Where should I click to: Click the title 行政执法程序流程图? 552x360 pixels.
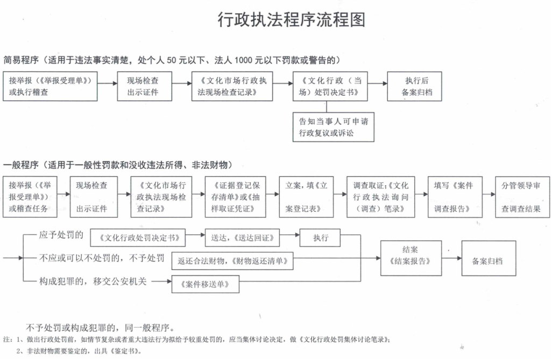pos(292,20)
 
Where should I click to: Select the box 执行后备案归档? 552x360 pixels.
pos(414,86)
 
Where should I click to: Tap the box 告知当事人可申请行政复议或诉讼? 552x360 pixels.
pos(334,127)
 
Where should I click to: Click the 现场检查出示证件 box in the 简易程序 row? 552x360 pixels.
pos(144,86)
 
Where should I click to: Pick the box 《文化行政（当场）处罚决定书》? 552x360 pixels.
pos(330,86)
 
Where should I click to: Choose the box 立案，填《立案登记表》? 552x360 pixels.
pos(306,197)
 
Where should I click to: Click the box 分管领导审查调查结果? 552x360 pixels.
pos(522,197)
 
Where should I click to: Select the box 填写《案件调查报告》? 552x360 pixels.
pos(455,197)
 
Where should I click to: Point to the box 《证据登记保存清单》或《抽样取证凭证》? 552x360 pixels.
pos(236,197)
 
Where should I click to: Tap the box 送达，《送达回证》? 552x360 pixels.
pos(243,238)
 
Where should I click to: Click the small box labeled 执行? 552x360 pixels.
pos(320,238)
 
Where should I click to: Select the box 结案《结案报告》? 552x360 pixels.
pos(411,258)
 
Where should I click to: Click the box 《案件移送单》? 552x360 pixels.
pos(205,284)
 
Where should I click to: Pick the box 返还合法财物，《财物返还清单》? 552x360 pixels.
pos(232,261)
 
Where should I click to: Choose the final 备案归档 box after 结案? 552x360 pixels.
pos(489,258)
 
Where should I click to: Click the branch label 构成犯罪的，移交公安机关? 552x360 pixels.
pos(93,281)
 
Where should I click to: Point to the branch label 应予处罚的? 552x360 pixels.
pos(61,235)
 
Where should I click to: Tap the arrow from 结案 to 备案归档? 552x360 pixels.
pos(452,258)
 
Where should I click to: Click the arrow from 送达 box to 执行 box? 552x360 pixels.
pos(290,235)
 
